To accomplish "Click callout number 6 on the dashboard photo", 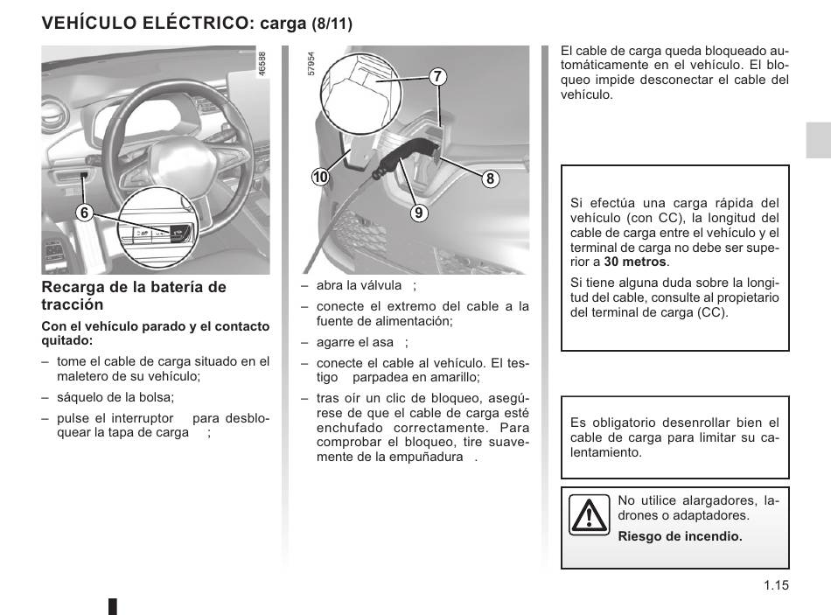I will click(84, 213).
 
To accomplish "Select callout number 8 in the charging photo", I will click(489, 178).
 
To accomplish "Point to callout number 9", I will click(418, 212).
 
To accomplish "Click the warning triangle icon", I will click(589, 514).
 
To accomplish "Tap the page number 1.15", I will click(774, 585).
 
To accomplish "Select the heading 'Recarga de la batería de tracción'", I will click(134, 296).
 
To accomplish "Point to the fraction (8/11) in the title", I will click(332, 24).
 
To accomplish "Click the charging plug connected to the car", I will click(409, 150).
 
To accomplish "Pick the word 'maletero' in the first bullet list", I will click(84, 376).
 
